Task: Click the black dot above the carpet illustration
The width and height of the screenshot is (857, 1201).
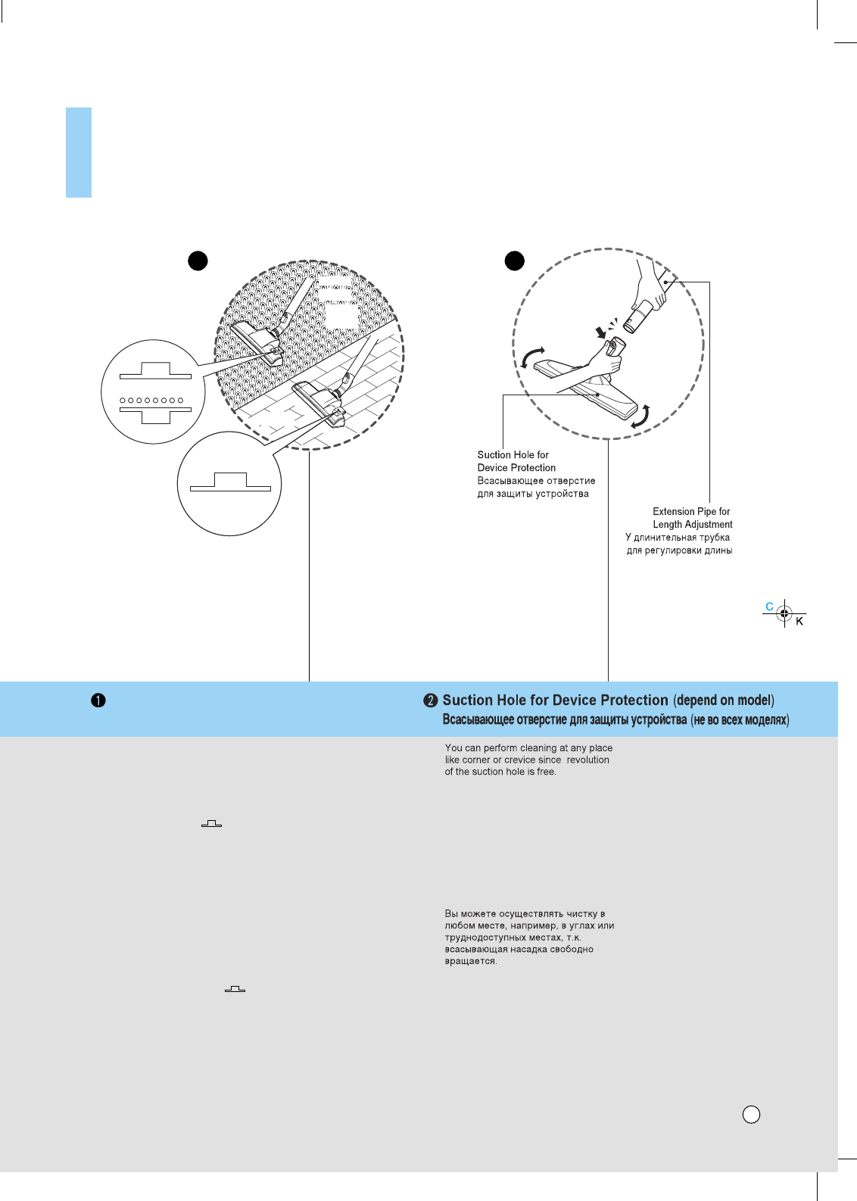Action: point(198,260)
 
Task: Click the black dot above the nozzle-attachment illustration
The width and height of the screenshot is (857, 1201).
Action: point(515,260)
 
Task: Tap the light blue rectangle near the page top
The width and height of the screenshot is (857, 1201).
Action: point(79,152)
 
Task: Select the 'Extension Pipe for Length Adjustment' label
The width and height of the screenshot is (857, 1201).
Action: point(692,518)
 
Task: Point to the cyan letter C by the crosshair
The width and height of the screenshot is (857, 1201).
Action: point(769,607)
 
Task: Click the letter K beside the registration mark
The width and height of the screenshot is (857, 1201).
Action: point(799,622)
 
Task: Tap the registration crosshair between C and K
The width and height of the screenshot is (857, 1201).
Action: point(784,613)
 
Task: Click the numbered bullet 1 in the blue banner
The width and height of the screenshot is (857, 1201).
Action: point(98,700)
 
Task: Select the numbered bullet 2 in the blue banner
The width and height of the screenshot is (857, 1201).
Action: point(431,700)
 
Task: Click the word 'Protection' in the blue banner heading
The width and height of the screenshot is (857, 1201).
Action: point(634,700)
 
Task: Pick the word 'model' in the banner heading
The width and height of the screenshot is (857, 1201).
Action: point(753,700)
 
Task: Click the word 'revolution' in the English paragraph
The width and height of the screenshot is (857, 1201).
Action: point(587,760)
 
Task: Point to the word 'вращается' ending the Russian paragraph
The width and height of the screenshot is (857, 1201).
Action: point(470,961)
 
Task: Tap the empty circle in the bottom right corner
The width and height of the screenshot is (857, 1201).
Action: point(751,1114)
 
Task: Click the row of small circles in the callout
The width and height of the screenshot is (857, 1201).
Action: point(151,400)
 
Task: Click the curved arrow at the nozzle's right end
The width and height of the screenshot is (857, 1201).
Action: point(640,416)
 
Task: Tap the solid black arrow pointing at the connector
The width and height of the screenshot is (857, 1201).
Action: point(601,332)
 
